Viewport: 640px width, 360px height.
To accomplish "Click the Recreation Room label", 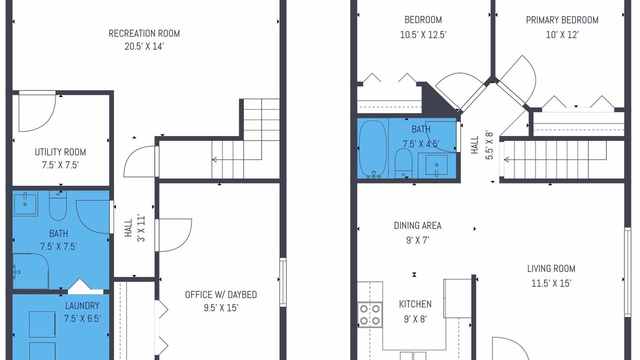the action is [x=144, y=33].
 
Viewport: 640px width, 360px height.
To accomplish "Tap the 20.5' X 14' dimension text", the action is [x=144, y=46].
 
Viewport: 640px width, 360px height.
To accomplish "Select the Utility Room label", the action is [x=60, y=152].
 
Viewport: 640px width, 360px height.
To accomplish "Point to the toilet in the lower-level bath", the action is [x=58, y=205].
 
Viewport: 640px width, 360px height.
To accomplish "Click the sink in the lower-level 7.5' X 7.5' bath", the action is [x=25, y=203].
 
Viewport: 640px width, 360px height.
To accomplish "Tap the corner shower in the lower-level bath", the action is [x=30, y=270].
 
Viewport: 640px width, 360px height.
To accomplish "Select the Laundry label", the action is [x=82, y=305].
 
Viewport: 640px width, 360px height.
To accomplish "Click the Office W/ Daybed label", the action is [x=221, y=294].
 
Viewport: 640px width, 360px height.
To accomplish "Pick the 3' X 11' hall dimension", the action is [x=141, y=228].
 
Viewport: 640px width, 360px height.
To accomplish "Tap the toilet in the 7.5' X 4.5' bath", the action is [x=403, y=163].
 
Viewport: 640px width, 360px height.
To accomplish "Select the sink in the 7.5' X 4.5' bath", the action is [x=436, y=165].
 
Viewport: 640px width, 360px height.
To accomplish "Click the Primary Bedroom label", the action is [x=562, y=20].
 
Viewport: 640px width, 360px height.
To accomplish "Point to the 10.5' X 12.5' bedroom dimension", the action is [x=423, y=35].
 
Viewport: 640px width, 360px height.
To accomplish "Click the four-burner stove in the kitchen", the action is [x=370, y=315].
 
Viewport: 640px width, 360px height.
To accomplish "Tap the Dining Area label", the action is [x=417, y=225].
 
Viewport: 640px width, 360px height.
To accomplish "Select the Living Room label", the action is [x=551, y=268].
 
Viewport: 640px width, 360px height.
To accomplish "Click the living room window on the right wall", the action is [x=627, y=272].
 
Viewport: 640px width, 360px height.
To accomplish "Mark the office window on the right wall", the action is [x=283, y=282].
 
